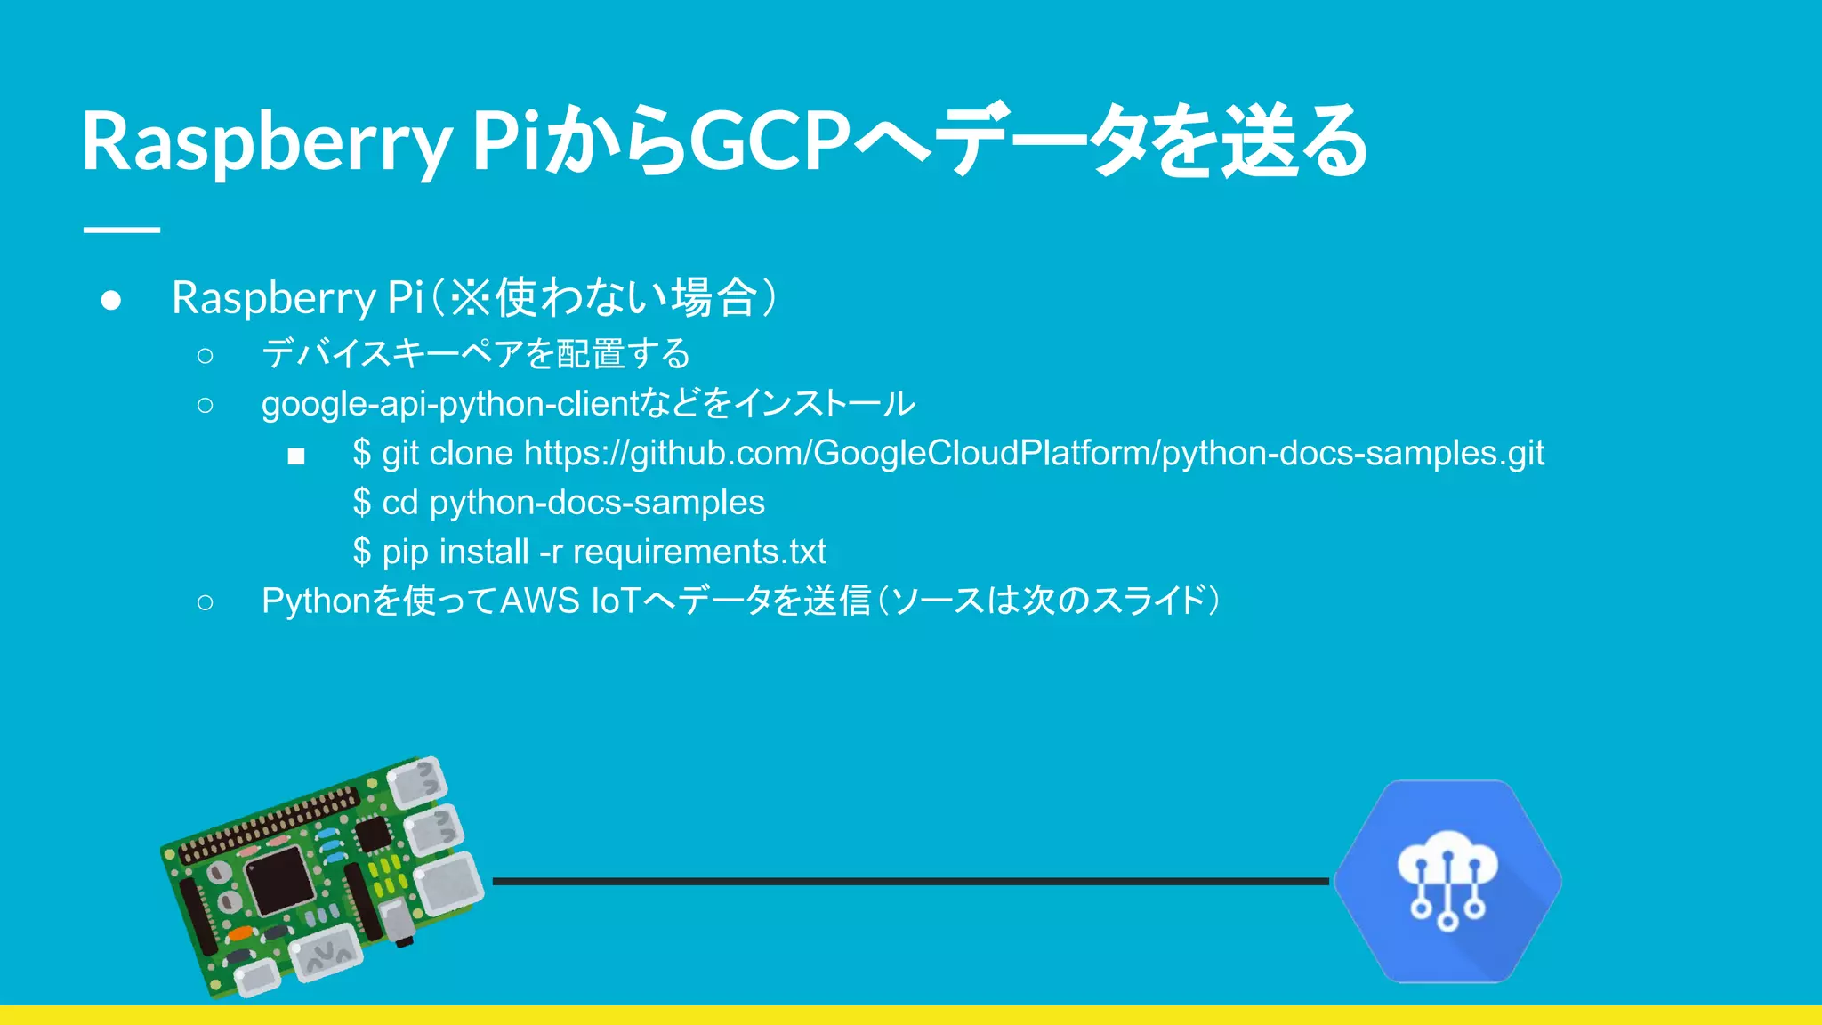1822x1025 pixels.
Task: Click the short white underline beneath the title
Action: [x=122, y=230]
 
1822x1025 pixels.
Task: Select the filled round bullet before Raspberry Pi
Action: [x=111, y=300]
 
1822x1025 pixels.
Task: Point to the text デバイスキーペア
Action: [x=391, y=354]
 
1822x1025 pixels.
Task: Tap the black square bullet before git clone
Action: [x=296, y=456]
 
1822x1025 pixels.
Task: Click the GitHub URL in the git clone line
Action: [x=1034, y=454]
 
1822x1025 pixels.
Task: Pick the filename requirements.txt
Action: [x=699, y=553]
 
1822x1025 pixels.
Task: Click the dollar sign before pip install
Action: [x=361, y=553]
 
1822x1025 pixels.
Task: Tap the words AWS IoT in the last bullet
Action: [x=570, y=601]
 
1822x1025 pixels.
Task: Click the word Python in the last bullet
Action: [x=316, y=601]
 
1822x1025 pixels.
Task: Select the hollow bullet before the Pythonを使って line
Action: [x=206, y=602]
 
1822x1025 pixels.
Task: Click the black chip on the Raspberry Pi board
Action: [x=278, y=880]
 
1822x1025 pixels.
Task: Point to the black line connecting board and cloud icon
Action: [x=907, y=881]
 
